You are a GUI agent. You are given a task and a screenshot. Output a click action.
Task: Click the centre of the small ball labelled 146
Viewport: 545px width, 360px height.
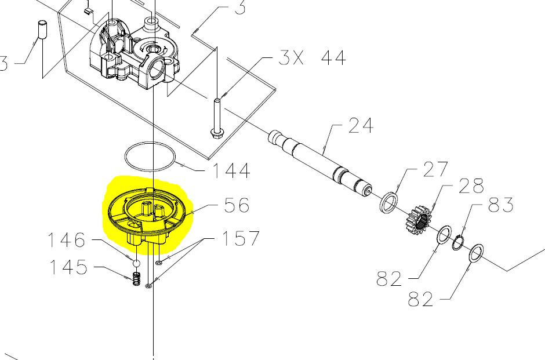(x=136, y=263)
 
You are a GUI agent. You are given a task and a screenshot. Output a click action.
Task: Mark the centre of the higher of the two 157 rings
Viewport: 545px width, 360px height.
(x=159, y=263)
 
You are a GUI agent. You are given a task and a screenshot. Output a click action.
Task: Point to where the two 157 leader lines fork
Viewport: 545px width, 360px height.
(x=204, y=239)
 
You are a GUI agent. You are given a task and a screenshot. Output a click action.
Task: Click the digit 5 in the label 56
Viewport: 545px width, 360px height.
(x=231, y=205)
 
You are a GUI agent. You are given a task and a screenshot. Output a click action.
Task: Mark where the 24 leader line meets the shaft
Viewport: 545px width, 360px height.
(x=324, y=154)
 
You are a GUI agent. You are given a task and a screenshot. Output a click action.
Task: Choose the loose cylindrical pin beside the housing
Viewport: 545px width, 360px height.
(x=42, y=30)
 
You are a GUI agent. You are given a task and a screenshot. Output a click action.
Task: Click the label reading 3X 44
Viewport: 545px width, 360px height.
(x=313, y=58)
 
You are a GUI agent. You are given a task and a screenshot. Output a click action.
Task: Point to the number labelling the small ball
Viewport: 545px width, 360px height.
(x=66, y=240)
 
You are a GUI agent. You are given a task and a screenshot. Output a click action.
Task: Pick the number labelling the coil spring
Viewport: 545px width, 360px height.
(x=68, y=267)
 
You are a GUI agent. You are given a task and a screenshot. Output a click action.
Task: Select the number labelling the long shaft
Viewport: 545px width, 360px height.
(x=361, y=125)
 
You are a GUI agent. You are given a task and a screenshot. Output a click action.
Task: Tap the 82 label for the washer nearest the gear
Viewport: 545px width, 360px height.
(x=390, y=278)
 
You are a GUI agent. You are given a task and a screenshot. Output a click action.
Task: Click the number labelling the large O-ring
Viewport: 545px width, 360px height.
(x=231, y=170)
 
